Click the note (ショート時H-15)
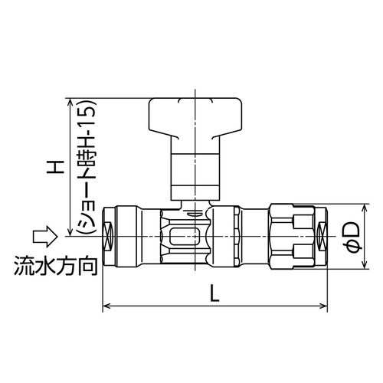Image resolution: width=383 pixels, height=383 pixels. coord(80,165)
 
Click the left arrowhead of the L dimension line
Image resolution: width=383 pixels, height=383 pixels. coord(106,307)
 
